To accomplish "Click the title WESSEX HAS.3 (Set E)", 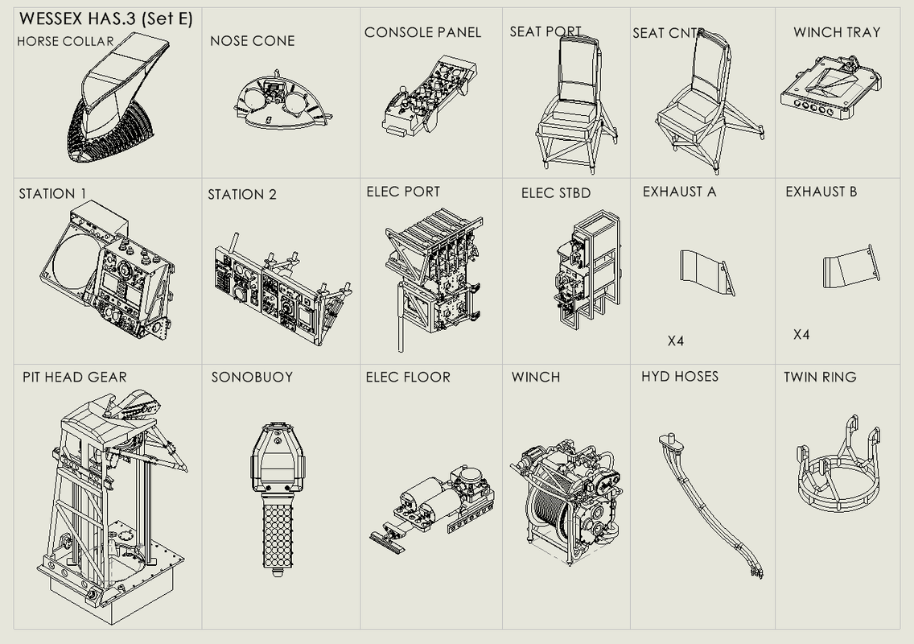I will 105,19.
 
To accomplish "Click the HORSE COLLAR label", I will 65,41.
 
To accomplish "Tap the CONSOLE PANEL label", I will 422,32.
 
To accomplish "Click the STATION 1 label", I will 52,194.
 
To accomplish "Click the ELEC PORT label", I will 403,192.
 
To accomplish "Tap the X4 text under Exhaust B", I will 801,335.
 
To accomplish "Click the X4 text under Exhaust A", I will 676,341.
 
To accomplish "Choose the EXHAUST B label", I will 821,192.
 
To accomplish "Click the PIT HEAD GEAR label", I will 74,377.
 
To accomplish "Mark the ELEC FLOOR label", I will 408,377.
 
